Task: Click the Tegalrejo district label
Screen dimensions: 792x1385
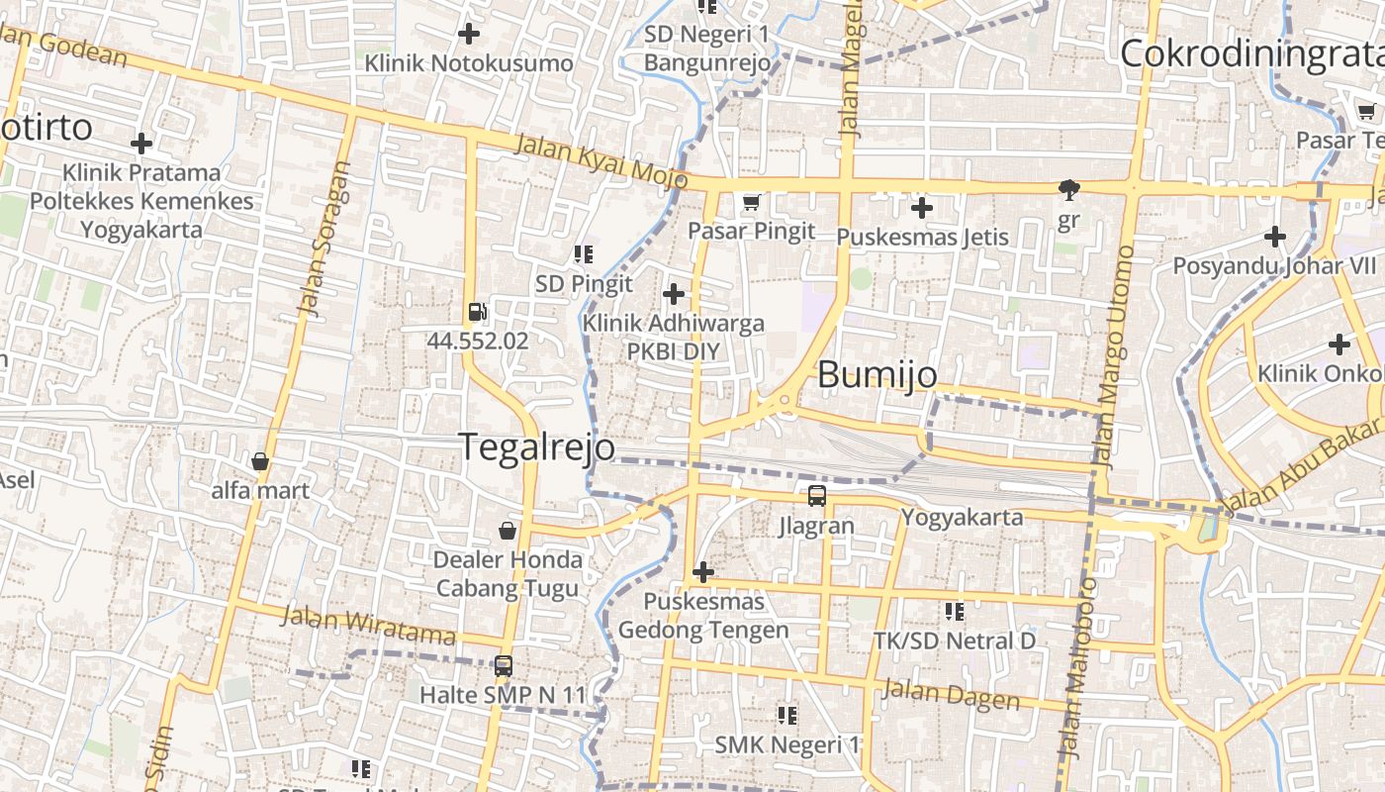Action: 536,447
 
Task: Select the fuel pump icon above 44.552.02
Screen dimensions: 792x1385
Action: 478,312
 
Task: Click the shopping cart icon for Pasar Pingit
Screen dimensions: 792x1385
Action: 752,203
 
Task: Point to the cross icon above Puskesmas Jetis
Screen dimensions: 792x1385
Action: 922,208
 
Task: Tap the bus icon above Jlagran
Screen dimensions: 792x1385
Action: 816,496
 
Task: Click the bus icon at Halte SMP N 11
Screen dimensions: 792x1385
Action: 504,665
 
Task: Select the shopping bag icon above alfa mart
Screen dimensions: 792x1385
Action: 260,461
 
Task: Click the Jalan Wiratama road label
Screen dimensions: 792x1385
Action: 368,624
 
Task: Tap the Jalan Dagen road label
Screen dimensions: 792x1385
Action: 951,695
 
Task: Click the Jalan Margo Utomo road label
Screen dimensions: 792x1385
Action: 1114,356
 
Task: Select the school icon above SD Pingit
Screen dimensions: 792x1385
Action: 584,255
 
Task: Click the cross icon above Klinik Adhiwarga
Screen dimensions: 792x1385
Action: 674,294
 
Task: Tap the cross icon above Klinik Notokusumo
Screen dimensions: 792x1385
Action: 469,35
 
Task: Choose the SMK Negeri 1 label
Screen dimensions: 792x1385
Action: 787,744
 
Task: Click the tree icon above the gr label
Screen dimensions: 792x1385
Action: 1068,189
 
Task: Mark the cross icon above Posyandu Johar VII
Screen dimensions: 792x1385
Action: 1275,237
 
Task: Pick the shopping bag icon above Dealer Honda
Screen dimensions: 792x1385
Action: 508,531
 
